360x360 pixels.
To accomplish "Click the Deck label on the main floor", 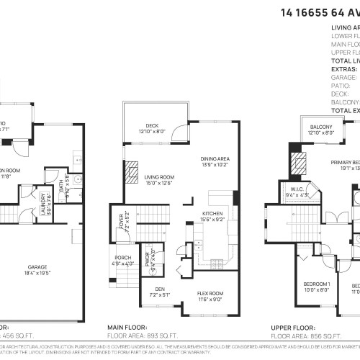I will coord(152,127).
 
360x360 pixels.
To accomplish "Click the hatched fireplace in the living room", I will coord(130,172).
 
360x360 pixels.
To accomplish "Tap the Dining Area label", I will coord(214,158).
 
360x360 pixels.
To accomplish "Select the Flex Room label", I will coord(210,293).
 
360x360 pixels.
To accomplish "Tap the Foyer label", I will coord(120,215).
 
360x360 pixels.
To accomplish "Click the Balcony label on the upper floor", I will coord(321,127).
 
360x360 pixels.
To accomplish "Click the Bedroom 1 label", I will coord(316,284).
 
